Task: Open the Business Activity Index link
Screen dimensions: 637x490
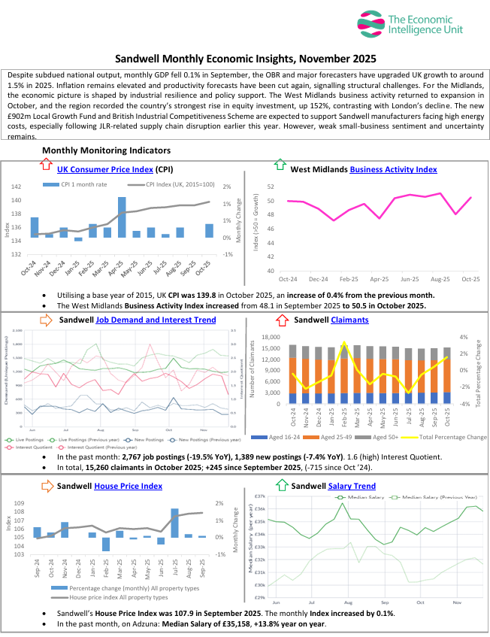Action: (x=393, y=170)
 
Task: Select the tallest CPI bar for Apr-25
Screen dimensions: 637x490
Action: (x=122, y=217)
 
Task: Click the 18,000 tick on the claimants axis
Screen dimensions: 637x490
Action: (x=271, y=338)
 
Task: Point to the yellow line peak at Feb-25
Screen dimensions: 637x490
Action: (x=345, y=343)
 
